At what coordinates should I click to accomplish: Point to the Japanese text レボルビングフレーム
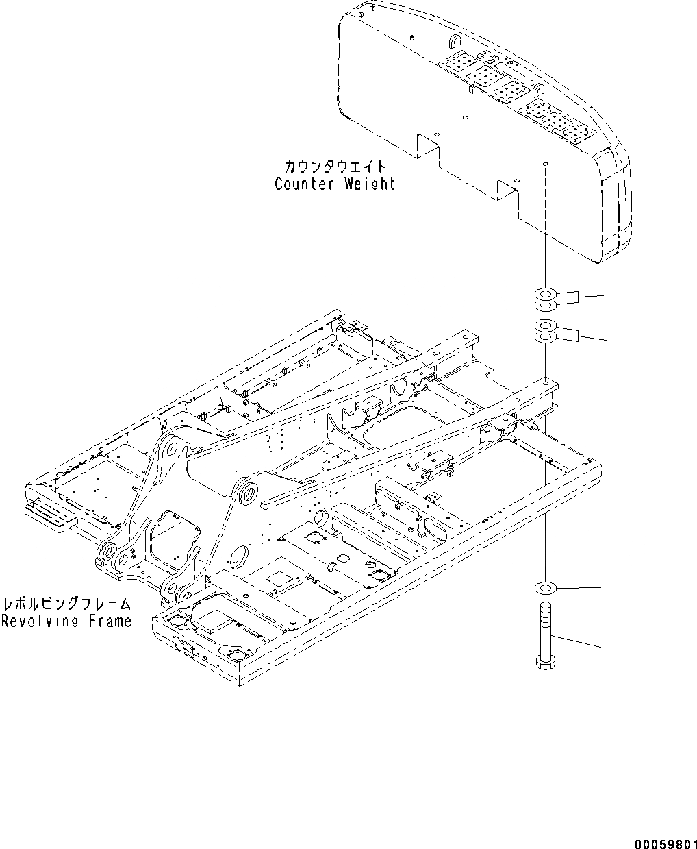[x=66, y=604]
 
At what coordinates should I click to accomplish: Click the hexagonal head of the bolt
[x=545, y=662]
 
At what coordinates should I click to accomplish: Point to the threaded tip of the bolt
[x=545, y=607]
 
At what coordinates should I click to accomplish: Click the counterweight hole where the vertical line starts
[x=545, y=165]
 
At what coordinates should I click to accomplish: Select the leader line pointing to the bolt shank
[x=579, y=641]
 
